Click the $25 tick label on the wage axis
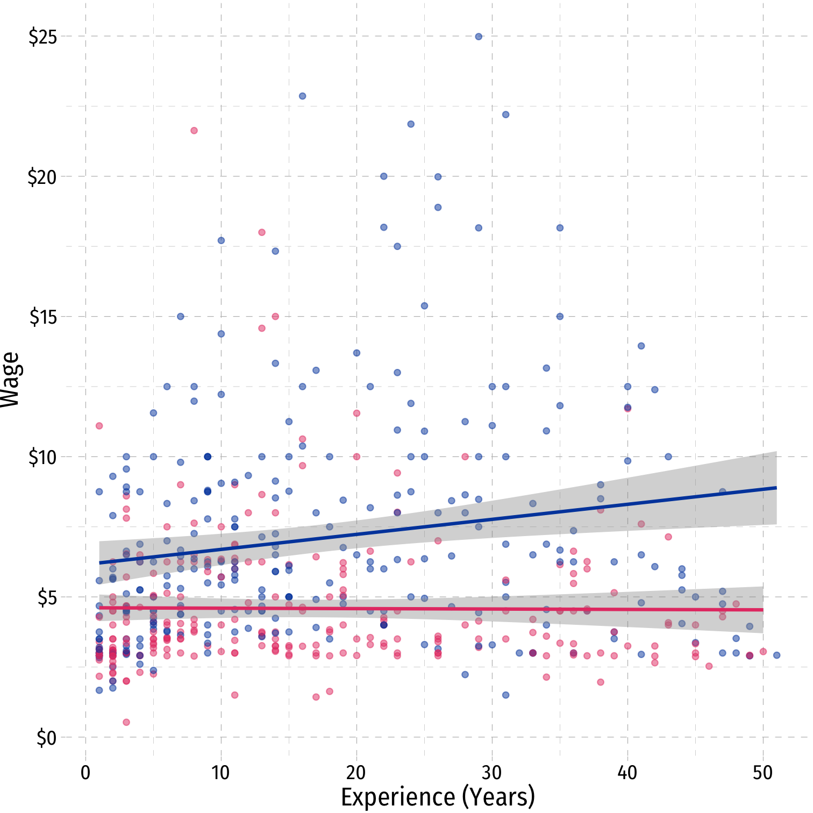coord(42,37)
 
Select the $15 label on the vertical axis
coord(42,317)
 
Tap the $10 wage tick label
coord(42,457)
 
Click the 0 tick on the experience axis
coord(85,773)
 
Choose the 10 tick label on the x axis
coord(220,773)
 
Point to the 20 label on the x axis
coord(356,773)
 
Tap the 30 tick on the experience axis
coord(491,773)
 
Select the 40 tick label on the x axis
coord(627,773)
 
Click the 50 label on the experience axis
coord(762,773)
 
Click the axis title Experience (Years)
coord(438,797)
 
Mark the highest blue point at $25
coord(479,37)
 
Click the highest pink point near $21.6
coord(194,131)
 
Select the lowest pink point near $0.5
coord(126,722)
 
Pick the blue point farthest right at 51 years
coord(776,655)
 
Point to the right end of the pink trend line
coord(762,610)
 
